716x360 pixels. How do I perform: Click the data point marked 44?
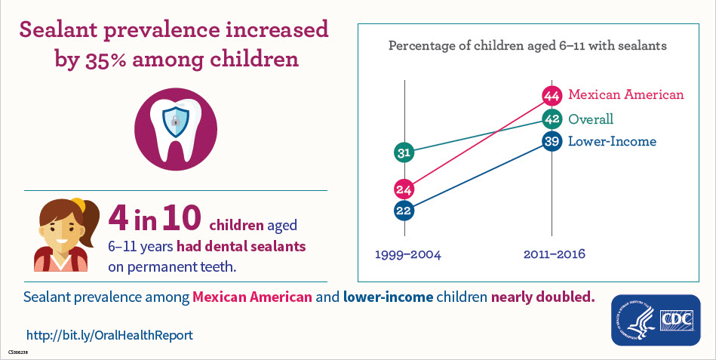(552, 95)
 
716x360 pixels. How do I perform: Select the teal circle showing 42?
(552, 118)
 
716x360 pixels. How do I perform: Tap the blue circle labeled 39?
(552, 141)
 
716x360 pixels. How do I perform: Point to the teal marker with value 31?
(404, 153)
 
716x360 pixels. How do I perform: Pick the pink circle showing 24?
(404, 189)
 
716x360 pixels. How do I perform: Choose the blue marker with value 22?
(404, 211)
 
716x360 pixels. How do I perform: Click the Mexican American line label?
(625, 95)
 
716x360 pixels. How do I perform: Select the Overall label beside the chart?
(590, 119)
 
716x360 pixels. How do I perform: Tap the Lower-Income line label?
(611, 141)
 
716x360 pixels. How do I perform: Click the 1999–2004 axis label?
(407, 254)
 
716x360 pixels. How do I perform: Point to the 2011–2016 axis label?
(554, 254)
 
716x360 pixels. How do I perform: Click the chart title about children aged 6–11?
(527, 46)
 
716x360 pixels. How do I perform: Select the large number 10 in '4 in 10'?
(179, 218)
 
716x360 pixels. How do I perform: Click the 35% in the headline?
(103, 59)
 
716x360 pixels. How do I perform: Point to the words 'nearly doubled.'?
(542, 297)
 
